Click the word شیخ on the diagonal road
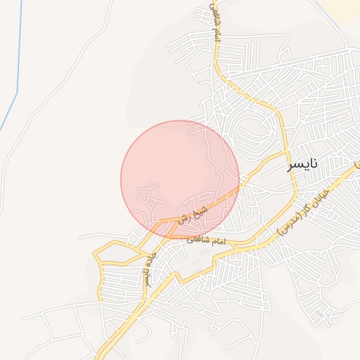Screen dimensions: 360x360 (203, 210)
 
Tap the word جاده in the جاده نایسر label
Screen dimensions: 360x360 (146, 259)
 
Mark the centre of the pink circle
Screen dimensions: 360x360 (180, 180)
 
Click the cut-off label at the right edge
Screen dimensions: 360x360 (356, 164)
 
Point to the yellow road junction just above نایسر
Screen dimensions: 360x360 (286, 151)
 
